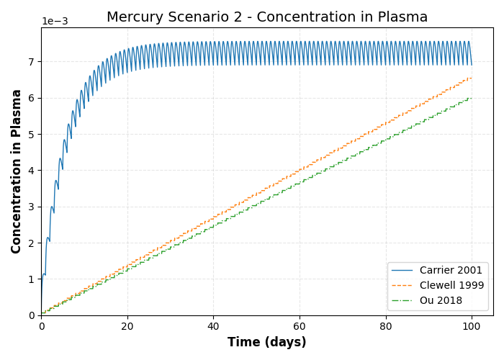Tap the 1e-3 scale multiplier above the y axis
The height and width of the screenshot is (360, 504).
point(55,21)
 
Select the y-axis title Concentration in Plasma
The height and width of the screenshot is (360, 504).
point(17,171)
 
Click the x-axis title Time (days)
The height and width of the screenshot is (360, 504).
point(267,342)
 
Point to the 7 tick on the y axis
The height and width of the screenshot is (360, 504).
point(32,62)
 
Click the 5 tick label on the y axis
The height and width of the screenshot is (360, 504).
point(32,135)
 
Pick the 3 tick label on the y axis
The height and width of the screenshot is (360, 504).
point(32,207)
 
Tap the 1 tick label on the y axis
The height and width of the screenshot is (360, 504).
point(32,279)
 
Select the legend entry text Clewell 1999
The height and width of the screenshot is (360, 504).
point(454,285)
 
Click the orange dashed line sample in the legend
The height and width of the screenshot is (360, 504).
point(403,285)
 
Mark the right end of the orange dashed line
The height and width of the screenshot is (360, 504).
point(472,78)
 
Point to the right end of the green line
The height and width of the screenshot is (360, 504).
point(472,98)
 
